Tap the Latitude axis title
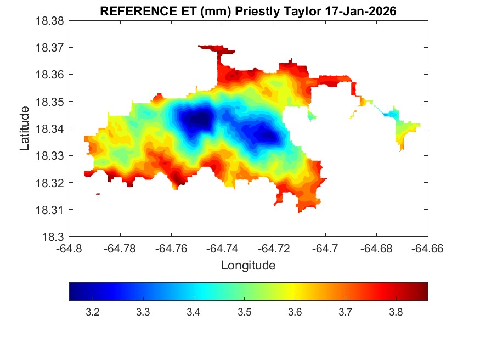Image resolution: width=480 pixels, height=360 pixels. click(25, 128)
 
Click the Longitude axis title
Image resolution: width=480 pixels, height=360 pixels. click(248, 266)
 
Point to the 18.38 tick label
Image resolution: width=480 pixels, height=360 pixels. click(50, 21)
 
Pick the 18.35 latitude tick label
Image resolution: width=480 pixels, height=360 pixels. click(50, 102)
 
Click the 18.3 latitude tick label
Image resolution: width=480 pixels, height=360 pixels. click(53, 237)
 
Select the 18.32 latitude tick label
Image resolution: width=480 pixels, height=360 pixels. click(50, 183)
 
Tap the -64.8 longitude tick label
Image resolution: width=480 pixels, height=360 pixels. click(70, 249)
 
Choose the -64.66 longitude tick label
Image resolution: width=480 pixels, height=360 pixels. click(428, 249)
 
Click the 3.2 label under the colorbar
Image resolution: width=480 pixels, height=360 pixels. click(92, 312)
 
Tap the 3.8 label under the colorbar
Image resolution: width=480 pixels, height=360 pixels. click(396, 312)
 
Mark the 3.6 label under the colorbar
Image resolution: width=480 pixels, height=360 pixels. click(295, 312)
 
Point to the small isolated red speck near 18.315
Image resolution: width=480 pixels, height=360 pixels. click(98, 194)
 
